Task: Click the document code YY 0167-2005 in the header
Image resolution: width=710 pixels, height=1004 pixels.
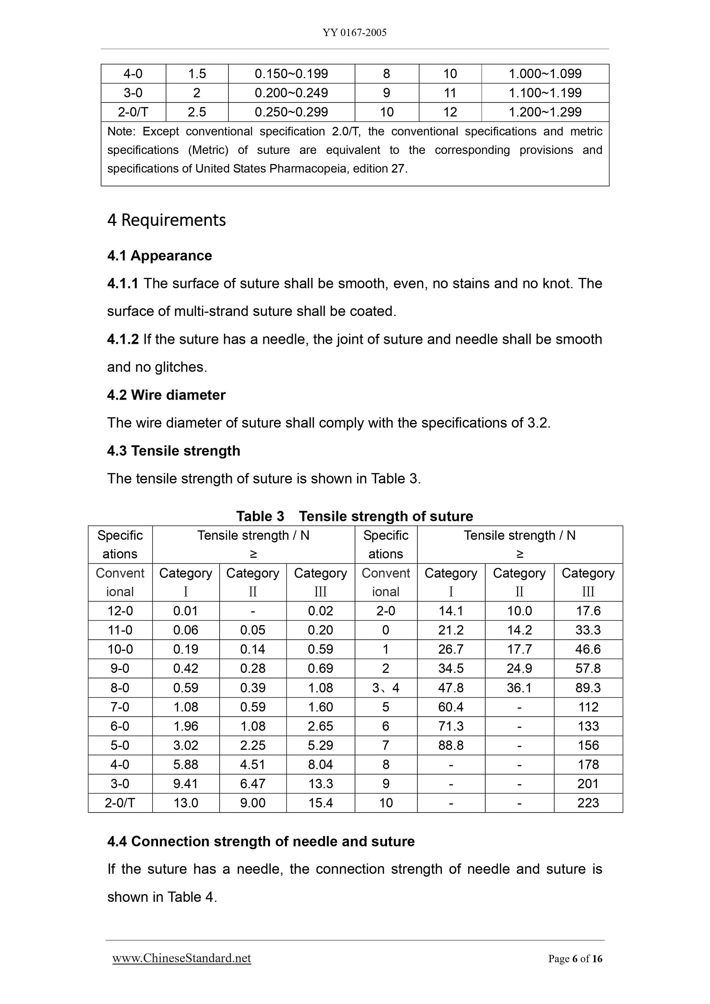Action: point(354,33)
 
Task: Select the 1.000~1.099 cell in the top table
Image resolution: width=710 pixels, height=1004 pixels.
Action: point(545,73)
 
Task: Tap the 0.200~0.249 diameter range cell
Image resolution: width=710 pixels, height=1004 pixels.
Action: point(292,93)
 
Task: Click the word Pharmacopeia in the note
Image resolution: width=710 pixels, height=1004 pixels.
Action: point(308,169)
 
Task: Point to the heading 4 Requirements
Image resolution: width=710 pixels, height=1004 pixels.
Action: point(167,220)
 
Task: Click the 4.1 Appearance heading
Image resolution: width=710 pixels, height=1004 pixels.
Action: point(160,255)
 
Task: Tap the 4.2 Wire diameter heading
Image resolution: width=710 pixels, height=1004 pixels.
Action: point(166,395)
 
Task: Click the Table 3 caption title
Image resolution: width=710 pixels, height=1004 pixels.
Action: point(354,516)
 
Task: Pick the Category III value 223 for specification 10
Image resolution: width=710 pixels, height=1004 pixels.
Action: point(587,802)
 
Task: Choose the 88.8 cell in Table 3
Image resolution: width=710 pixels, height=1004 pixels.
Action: point(451,745)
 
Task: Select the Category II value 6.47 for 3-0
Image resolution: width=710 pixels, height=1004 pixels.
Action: point(252,784)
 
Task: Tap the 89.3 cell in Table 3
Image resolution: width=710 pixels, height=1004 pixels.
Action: point(587,688)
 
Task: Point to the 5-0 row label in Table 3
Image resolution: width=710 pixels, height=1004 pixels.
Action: point(120,745)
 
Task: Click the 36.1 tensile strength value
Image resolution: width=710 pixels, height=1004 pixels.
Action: point(519,688)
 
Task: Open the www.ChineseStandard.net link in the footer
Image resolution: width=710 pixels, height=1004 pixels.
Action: point(182,958)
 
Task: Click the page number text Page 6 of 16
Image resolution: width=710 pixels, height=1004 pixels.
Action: point(575,958)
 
